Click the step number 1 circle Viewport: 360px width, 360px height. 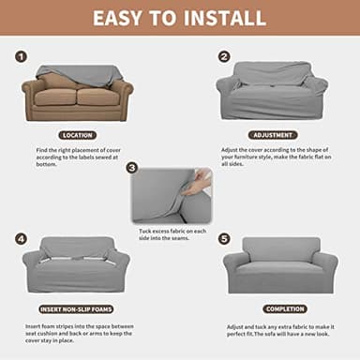[21, 56]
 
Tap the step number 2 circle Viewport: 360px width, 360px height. [224, 56]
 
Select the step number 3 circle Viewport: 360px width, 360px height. [131, 168]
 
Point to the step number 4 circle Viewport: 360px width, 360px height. [21, 239]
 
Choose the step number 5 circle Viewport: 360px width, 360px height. [224, 239]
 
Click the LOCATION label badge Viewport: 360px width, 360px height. [77, 135]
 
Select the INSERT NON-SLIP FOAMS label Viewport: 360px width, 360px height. [77, 308]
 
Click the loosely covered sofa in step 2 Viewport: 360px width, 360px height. [272, 92]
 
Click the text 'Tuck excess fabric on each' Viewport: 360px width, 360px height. [178, 232]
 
